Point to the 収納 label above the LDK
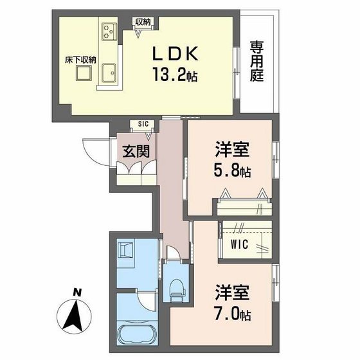coord(143,22)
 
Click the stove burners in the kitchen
coord(107,30)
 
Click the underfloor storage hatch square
coord(83,75)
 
